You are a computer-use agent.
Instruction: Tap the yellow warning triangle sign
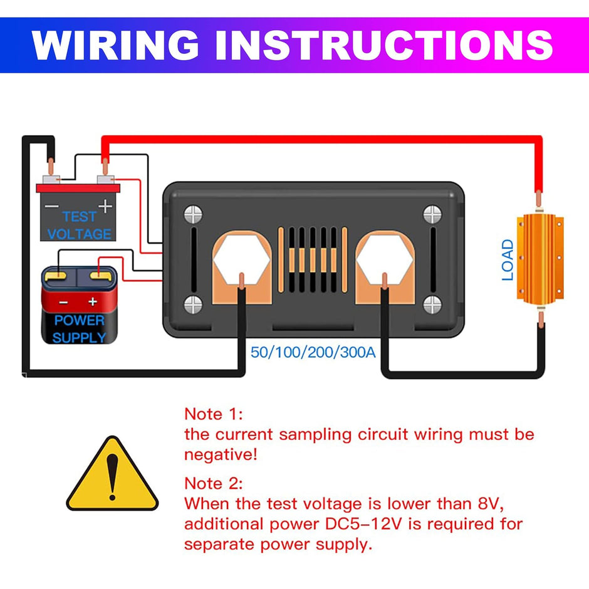point(112,475)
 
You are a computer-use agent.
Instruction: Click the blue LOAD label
point(508,260)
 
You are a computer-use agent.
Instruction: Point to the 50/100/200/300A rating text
point(313,352)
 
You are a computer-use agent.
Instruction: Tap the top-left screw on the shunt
point(193,215)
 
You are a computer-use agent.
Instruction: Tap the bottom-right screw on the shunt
point(432,305)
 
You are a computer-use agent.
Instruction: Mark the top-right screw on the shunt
point(432,215)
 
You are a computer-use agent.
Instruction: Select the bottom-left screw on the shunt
point(193,305)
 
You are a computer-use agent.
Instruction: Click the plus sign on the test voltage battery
point(105,206)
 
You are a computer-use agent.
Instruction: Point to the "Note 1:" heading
point(213,414)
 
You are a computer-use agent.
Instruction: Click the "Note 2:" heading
point(213,484)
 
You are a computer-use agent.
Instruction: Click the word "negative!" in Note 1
point(221,454)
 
